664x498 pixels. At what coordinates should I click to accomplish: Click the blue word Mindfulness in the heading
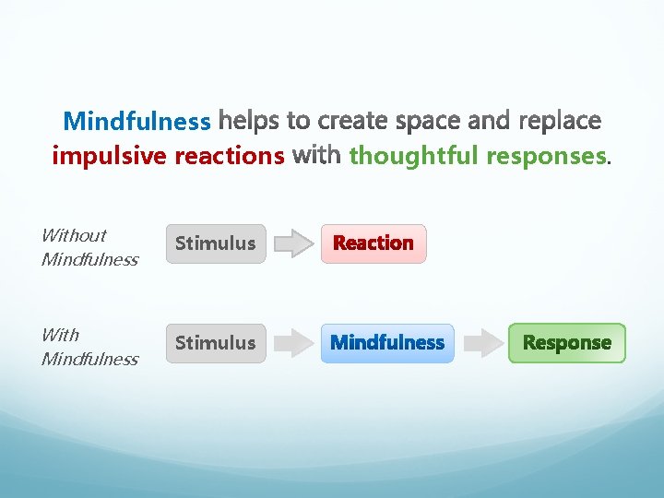[136, 122]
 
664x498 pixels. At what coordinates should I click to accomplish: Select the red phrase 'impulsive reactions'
[168, 157]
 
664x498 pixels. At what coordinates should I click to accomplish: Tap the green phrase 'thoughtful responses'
[478, 157]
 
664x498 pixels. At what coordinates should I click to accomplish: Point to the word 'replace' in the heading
[560, 122]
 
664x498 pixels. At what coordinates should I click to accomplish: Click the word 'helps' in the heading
[248, 122]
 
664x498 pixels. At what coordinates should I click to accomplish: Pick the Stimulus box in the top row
[215, 243]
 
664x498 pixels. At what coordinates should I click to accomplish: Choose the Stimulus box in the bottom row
[215, 343]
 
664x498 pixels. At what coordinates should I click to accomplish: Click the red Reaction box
[373, 243]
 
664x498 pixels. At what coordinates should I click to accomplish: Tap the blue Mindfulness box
[387, 343]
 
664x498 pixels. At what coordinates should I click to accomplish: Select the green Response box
[566, 343]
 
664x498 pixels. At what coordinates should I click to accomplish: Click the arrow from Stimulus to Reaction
[294, 243]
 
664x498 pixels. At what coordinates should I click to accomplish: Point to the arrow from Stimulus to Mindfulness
[294, 343]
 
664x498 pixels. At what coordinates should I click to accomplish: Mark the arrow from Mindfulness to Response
[481, 343]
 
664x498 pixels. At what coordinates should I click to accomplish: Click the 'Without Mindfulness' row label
[89, 247]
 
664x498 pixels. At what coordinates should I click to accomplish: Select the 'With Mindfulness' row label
[89, 347]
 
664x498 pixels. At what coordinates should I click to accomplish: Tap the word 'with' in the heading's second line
[316, 157]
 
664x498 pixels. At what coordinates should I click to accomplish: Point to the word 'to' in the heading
[298, 122]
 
